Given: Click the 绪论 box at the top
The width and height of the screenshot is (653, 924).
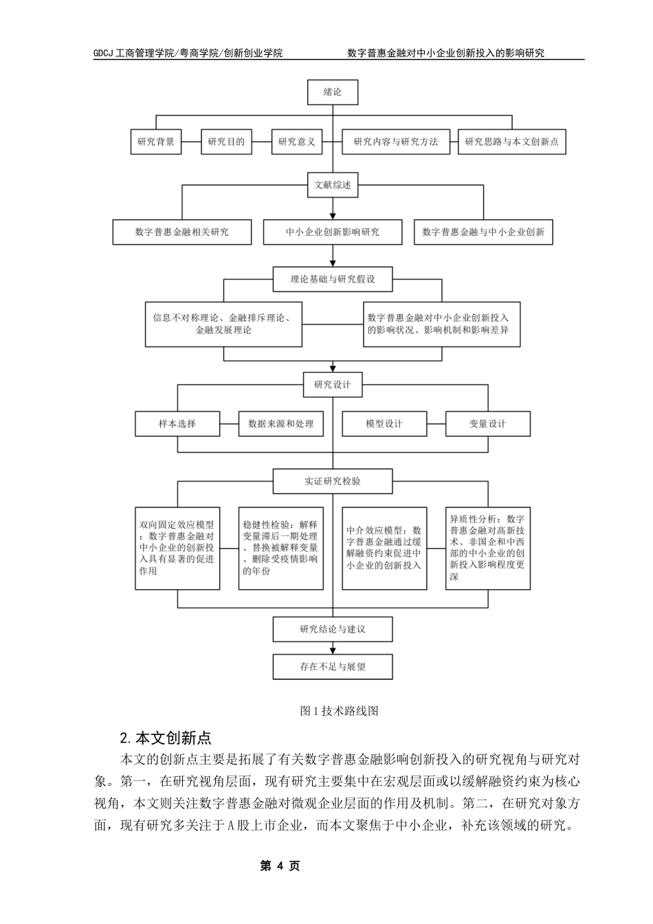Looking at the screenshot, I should click(x=333, y=92).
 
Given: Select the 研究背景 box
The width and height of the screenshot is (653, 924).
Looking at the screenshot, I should click(x=156, y=142).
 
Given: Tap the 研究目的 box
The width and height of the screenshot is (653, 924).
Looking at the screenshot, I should click(x=226, y=142).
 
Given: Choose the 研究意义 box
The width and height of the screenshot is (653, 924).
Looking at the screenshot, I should click(x=297, y=142).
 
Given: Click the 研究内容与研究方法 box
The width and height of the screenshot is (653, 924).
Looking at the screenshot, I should click(x=396, y=142).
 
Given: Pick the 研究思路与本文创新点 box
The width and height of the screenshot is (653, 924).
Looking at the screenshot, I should click(x=511, y=142).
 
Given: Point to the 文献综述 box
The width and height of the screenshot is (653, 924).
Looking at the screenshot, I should click(x=333, y=185).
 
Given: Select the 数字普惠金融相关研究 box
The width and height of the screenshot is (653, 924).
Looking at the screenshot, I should click(x=182, y=232).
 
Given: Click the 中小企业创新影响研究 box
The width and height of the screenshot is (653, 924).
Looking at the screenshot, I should click(x=333, y=232).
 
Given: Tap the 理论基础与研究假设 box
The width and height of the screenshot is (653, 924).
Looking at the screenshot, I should click(x=333, y=280).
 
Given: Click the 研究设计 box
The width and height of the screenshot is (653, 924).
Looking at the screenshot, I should click(x=333, y=385).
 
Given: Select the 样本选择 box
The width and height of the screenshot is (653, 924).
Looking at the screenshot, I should click(x=177, y=424).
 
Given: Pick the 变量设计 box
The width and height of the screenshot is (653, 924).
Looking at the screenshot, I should click(x=487, y=424).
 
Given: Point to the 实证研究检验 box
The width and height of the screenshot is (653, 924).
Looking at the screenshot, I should click(x=333, y=481).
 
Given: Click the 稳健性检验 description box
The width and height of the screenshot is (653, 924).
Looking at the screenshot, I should click(x=281, y=548).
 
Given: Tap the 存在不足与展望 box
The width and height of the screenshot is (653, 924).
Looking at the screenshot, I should click(x=333, y=667).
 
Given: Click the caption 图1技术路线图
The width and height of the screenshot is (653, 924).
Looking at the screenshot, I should click(x=340, y=712).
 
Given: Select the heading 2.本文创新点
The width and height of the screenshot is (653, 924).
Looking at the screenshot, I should click(x=165, y=738).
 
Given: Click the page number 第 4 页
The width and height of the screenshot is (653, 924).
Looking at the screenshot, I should click(x=280, y=866).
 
